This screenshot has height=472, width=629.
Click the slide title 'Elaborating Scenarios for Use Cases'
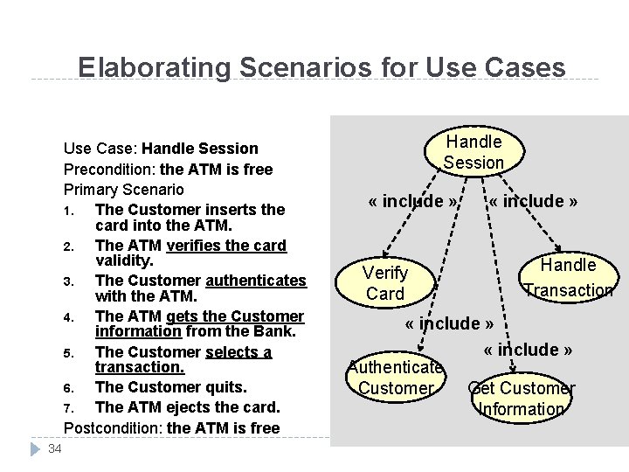(321, 67)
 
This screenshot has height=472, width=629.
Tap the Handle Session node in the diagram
(473, 151)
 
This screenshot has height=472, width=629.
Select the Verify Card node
(385, 283)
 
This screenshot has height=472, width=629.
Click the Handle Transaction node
(568, 277)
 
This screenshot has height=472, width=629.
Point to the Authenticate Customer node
(396, 377)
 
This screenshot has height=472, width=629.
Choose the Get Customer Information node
(522, 398)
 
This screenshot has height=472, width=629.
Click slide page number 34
(54, 449)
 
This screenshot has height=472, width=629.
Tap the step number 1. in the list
(69, 210)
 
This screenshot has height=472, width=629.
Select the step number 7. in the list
(69, 407)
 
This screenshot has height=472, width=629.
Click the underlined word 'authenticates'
(256, 281)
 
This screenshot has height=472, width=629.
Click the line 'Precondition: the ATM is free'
(168, 169)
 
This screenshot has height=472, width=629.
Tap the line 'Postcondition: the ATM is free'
(171, 427)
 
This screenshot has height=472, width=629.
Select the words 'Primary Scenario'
(123, 189)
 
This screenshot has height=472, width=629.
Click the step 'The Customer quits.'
(170, 386)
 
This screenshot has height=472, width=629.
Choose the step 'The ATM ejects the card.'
(187, 407)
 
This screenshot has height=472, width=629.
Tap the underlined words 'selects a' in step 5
(238, 351)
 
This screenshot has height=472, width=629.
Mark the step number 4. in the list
(69, 316)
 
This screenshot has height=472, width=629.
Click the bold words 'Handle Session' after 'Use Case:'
(200, 149)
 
